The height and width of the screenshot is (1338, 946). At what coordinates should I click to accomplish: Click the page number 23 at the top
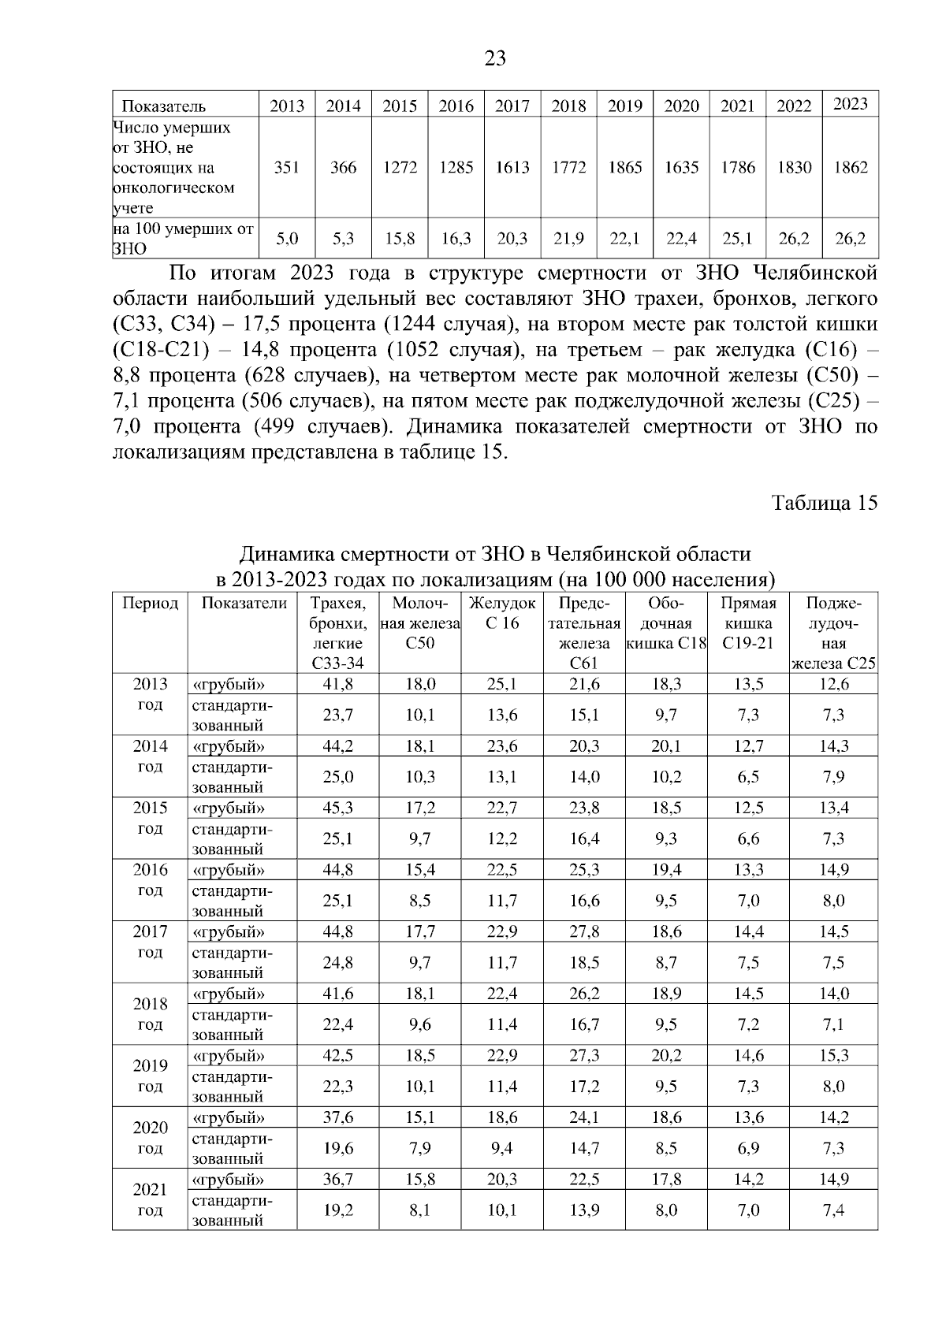pos(495,58)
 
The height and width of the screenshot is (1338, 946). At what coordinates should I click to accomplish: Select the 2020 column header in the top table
pos(681,106)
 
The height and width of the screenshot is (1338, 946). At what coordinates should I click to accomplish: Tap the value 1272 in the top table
pos(400,167)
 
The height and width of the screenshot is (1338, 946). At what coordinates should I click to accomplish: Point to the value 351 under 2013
pos(286,167)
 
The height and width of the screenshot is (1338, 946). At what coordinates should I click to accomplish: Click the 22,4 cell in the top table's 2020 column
pos(681,238)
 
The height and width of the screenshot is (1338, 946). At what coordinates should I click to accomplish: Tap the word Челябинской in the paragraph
pos(814,273)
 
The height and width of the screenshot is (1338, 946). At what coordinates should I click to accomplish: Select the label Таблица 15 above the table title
pos(824,504)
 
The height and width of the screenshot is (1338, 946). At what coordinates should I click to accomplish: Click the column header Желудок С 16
pos(502,613)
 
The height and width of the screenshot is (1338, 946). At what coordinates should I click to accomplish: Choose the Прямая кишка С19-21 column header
pos(748,623)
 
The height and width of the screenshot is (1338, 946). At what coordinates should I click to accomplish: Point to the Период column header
pos(150,604)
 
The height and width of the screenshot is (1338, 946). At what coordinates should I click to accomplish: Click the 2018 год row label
pos(150,1014)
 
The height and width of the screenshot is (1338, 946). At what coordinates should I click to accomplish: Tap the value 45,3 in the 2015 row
pos(338,808)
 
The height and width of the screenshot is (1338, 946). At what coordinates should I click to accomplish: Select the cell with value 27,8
pos(584,931)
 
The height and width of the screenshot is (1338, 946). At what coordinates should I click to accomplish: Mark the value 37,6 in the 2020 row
pos(338,1117)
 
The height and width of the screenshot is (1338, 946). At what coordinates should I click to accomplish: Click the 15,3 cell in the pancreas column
pos(833,1055)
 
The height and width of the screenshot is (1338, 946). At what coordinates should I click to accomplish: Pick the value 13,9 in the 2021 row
pos(584,1210)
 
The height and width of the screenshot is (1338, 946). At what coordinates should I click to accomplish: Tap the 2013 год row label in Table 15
pos(150,694)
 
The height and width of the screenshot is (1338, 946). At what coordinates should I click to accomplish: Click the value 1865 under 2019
pos(625,167)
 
